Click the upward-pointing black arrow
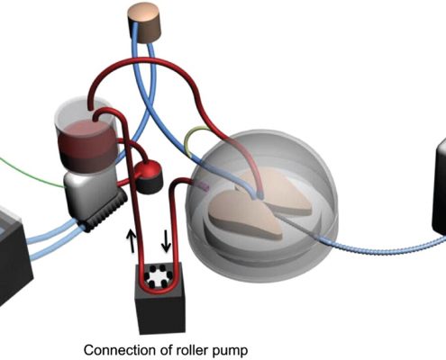click(131, 240)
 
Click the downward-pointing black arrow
click(166, 240)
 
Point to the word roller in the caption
click(192, 350)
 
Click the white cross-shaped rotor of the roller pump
click(157, 274)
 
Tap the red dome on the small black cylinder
click(147, 170)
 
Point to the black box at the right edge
click(439, 187)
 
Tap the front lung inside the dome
click(245, 213)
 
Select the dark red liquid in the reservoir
click(88, 146)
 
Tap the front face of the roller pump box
click(159, 312)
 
